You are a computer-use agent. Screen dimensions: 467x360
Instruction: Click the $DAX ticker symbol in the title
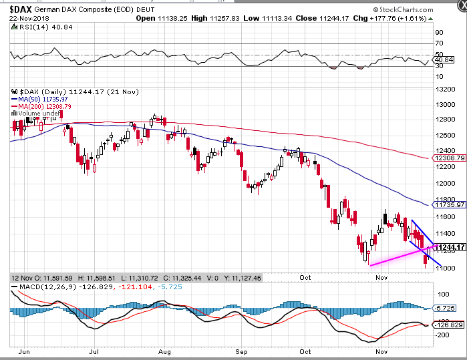pyautogui.click(x=21, y=9)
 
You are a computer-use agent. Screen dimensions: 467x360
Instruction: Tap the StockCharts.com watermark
pyautogui.click(x=404, y=10)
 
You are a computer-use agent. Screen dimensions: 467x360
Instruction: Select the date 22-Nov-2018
pyautogui.click(x=29, y=19)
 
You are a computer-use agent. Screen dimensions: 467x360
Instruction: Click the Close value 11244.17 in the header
pyautogui.click(x=334, y=19)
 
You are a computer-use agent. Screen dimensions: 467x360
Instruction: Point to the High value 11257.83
pyautogui.click(x=224, y=19)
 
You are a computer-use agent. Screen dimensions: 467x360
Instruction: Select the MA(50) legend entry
pyautogui.click(x=39, y=100)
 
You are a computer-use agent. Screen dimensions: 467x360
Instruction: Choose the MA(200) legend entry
pyautogui.click(x=41, y=106)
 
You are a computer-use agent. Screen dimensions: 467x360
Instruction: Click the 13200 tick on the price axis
pyautogui.click(x=445, y=89)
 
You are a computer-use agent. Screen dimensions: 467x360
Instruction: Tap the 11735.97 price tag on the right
pyautogui.click(x=450, y=205)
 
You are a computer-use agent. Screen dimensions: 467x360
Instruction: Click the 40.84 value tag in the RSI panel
pyautogui.click(x=444, y=60)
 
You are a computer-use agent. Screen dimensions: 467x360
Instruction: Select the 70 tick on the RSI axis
pyautogui.click(x=440, y=43)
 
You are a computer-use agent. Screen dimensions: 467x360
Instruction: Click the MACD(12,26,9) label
pyautogui.click(x=48, y=287)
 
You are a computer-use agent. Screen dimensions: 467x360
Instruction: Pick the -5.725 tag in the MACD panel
pyautogui.click(x=444, y=308)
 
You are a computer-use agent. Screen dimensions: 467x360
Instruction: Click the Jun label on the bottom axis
pyautogui.click(x=24, y=352)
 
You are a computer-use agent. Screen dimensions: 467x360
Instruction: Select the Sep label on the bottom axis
pyautogui.click(x=241, y=352)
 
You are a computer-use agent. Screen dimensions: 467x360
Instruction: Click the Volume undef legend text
pyautogui.click(x=36, y=114)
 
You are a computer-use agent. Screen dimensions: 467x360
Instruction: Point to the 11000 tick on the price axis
pyautogui.click(x=445, y=268)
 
